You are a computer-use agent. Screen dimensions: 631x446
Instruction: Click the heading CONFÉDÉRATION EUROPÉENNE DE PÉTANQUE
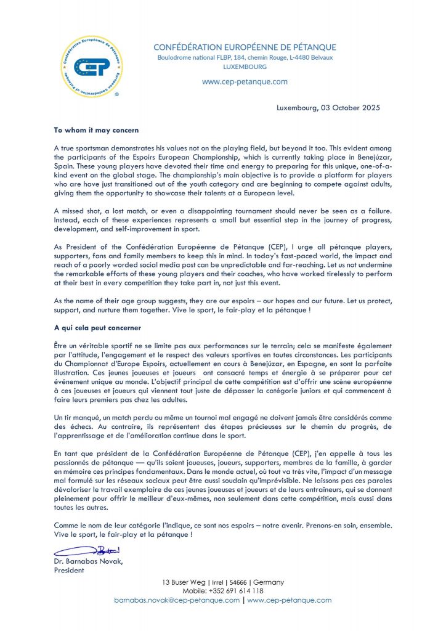pyautogui.click(x=244, y=47)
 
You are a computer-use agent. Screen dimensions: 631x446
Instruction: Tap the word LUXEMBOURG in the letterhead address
pyautogui.click(x=244, y=67)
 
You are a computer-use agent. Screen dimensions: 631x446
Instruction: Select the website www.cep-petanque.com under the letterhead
pyautogui.click(x=244, y=81)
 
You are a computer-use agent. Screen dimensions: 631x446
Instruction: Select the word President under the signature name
pyautogui.click(x=69, y=570)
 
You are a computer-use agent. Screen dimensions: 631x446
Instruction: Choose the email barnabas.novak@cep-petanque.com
pyautogui.click(x=177, y=600)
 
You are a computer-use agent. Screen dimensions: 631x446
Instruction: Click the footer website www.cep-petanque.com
pyautogui.click(x=290, y=600)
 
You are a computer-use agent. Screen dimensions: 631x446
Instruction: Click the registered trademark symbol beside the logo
pyautogui.click(x=117, y=95)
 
